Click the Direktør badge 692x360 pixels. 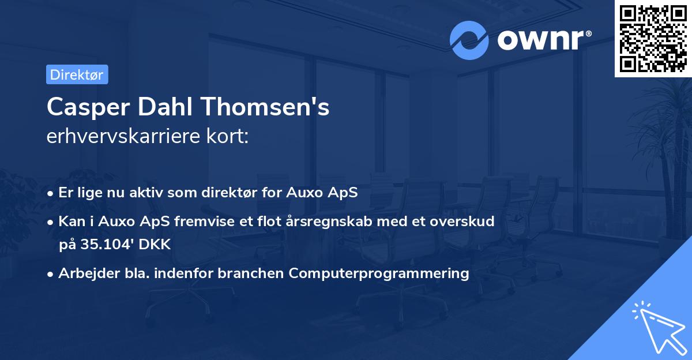[77, 74]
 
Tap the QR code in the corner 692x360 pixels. [653, 38]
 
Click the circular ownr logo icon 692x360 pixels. [469, 40]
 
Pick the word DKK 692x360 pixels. [155, 244]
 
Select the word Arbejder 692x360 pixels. [83, 273]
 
